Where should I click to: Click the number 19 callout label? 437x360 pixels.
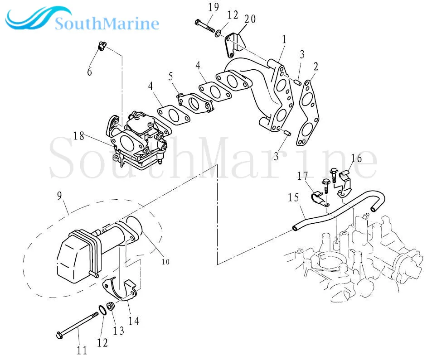214,7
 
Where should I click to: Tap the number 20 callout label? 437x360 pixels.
250,19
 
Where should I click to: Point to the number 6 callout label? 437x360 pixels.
89,72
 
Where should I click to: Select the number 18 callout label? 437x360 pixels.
78,136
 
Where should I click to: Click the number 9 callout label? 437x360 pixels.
59,196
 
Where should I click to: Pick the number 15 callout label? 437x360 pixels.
293,197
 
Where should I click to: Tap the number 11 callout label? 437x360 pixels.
82,350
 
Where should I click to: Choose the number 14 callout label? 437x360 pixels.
133,321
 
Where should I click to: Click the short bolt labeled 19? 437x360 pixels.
205,26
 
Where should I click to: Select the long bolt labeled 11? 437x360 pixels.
77,325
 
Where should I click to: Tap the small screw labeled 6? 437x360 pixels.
102,46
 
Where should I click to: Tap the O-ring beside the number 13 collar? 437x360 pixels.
102,310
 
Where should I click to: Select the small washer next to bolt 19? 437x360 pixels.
218,34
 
